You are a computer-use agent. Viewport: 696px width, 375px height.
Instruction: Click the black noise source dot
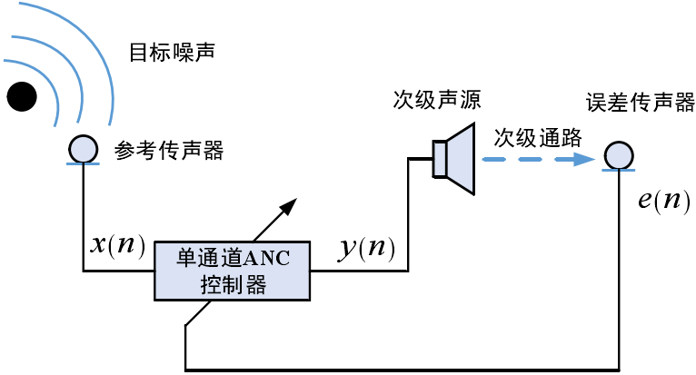click(x=22, y=94)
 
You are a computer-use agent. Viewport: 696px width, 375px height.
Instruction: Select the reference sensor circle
click(x=83, y=148)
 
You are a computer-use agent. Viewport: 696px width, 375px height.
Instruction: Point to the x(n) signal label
click(x=117, y=245)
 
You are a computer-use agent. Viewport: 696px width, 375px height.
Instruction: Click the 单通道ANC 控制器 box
click(x=232, y=271)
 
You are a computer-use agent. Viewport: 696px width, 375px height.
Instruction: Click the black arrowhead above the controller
click(x=288, y=205)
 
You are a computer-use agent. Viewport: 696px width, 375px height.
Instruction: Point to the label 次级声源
click(x=436, y=98)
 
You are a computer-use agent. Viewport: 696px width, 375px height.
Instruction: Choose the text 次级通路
click(x=538, y=137)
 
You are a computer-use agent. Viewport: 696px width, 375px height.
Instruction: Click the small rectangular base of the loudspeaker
click(x=440, y=159)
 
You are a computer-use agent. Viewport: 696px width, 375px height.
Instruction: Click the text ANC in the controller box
click(x=270, y=258)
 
